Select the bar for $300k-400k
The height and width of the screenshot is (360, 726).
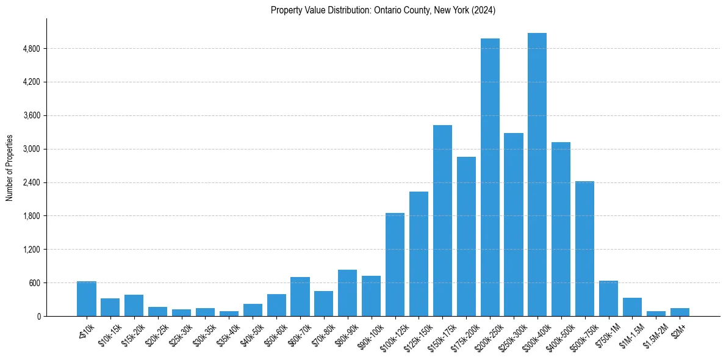(x=537, y=175)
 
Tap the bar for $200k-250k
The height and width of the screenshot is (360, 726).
(x=490, y=177)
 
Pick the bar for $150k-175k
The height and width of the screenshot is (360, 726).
(x=442, y=220)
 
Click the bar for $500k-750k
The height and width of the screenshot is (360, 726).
(x=584, y=248)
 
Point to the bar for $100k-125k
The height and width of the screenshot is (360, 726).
(x=395, y=264)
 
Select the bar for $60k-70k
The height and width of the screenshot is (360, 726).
(x=300, y=297)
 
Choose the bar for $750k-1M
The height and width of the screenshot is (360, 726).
(x=608, y=298)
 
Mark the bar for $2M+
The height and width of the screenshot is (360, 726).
(x=680, y=312)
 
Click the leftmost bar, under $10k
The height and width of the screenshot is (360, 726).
(x=87, y=298)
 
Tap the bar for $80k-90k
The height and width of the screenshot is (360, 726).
(x=347, y=293)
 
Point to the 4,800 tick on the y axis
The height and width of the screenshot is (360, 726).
(x=31, y=49)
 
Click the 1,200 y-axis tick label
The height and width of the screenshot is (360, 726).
(x=31, y=250)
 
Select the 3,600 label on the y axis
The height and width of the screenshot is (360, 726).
(x=31, y=115)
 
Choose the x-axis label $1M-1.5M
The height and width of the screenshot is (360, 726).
(x=630, y=334)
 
